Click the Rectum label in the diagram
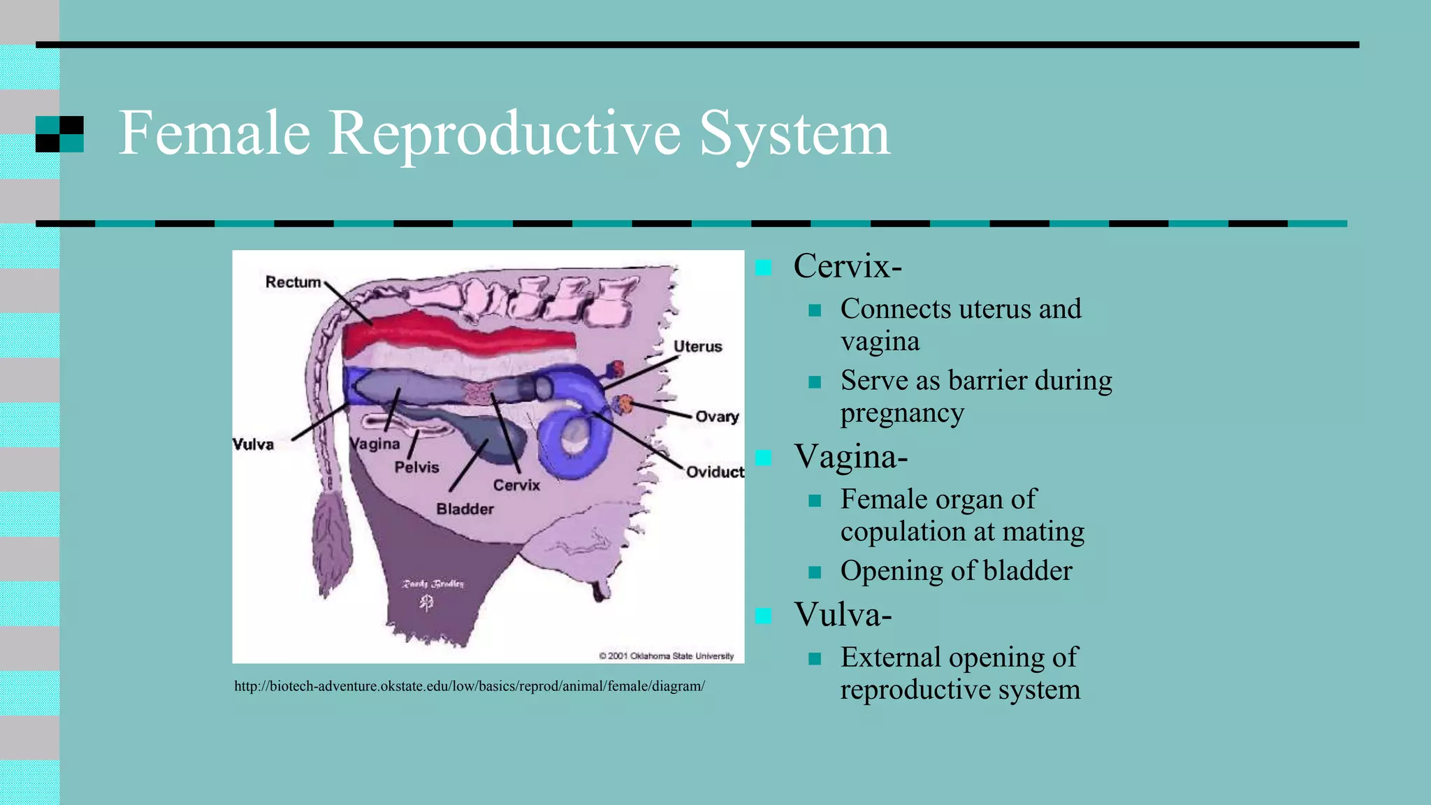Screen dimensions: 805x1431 click(x=293, y=282)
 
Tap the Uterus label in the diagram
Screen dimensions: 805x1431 click(x=697, y=347)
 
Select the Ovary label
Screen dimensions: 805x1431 click(x=717, y=416)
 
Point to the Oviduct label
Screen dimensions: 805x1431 click(x=714, y=472)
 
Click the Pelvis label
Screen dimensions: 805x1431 click(x=416, y=467)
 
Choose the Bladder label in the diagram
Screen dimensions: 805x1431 click(x=465, y=509)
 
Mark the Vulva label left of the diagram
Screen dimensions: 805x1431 click(x=253, y=444)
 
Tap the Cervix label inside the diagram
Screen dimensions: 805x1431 click(x=516, y=485)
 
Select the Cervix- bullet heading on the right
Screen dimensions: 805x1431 click(x=848, y=266)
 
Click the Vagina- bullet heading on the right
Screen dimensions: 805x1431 click(x=850, y=457)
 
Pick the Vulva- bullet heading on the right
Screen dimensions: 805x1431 click(x=843, y=615)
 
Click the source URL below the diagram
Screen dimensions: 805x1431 click(x=470, y=686)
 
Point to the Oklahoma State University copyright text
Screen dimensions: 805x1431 click(x=667, y=656)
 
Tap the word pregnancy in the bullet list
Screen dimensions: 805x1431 click(x=902, y=414)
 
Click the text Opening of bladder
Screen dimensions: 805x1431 click(x=956, y=571)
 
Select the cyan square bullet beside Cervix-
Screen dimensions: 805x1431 click(x=764, y=268)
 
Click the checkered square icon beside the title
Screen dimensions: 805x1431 click(x=59, y=134)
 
